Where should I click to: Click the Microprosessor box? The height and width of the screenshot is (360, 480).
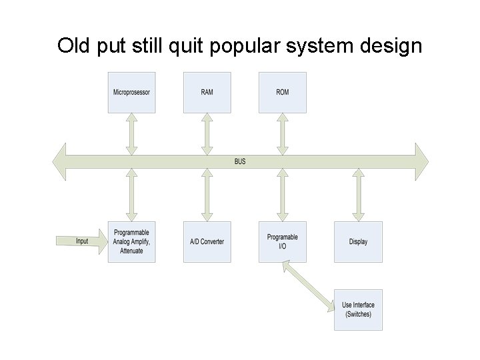pyautogui.click(x=131, y=92)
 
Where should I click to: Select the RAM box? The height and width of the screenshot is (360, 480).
pyautogui.click(x=207, y=92)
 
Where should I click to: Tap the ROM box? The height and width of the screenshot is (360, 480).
pyautogui.click(x=282, y=92)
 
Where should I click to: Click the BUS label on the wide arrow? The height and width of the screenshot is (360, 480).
pyautogui.click(x=240, y=161)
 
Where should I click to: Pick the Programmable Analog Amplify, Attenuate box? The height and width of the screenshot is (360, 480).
pyautogui.click(x=131, y=241)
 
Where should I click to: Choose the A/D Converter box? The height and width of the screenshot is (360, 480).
pyautogui.click(x=207, y=241)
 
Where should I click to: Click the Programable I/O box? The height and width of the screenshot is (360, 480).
pyautogui.click(x=282, y=241)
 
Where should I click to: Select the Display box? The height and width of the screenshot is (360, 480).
pyautogui.click(x=358, y=241)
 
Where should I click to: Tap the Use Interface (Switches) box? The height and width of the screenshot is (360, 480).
pyautogui.click(x=358, y=310)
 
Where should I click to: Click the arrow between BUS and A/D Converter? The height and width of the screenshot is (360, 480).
pyautogui.click(x=207, y=195)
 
